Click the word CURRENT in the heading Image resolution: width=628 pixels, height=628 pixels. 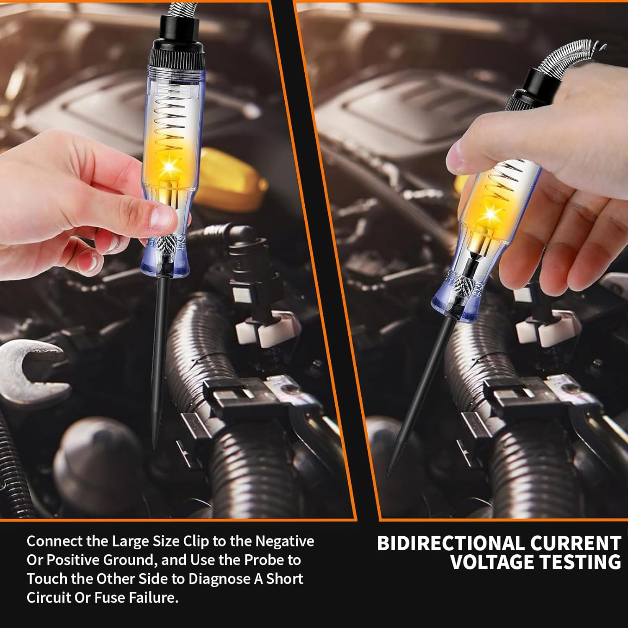pyautogui.click(x=576, y=543)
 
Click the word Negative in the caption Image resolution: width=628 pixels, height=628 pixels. pyautogui.click(x=285, y=541)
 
